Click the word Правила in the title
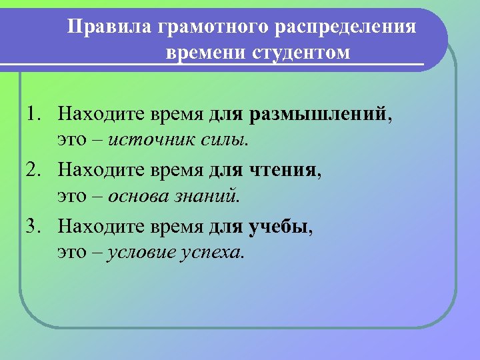(x=111, y=27)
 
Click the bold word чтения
(x=283, y=171)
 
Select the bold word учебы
(x=278, y=227)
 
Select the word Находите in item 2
(x=97, y=171)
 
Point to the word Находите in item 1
(x=97, y=115)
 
